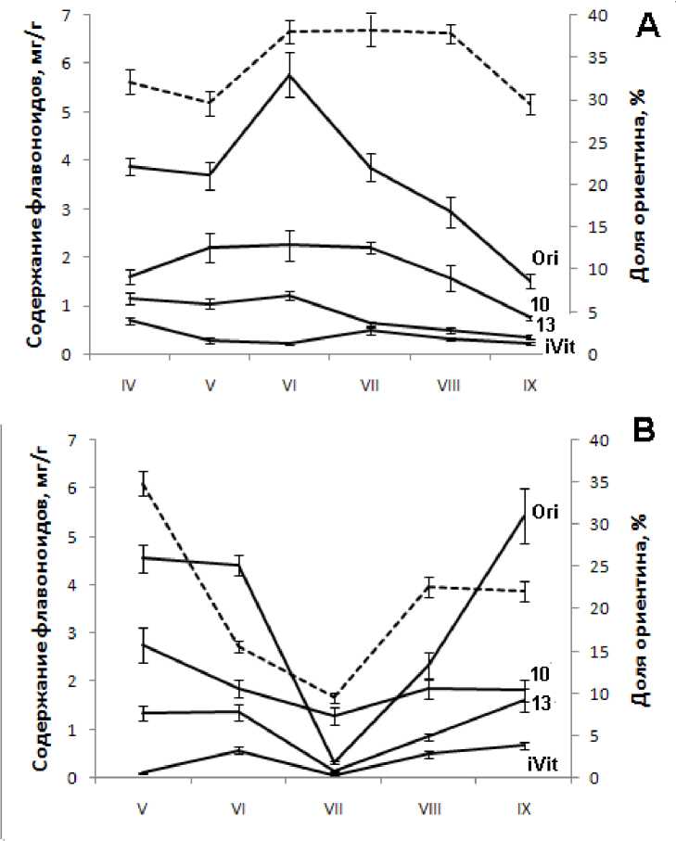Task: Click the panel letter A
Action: [x=646, y=28]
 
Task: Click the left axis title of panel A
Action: [x=32, y=185]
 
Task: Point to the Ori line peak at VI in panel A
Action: [x=290, y=74]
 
